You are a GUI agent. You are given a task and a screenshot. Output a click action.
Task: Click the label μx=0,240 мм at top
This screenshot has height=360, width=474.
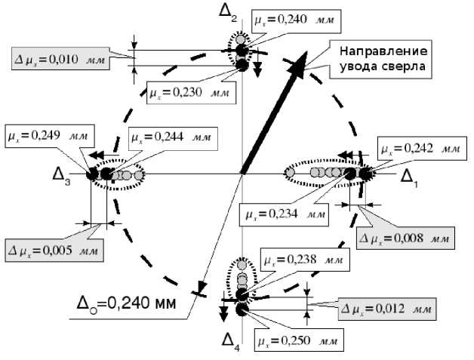296,21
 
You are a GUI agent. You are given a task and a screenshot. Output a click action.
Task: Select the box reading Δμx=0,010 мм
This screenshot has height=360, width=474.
60,57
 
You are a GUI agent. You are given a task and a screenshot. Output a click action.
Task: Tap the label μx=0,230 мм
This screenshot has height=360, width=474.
189,93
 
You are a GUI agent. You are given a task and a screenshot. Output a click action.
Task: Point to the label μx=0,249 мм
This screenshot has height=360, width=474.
48,135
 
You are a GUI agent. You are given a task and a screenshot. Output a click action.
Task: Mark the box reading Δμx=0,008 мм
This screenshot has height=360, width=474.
405,238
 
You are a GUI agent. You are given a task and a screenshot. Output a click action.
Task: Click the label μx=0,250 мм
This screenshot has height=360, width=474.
298,340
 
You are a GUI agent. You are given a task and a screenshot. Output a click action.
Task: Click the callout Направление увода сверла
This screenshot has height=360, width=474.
383,59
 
